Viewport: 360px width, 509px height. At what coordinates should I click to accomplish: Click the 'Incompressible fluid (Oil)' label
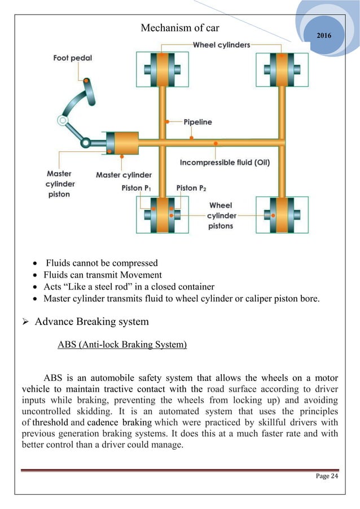pyautogui.click(x=225, y=163)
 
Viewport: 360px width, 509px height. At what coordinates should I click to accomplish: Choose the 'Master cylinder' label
pyautogui.click(x=123, y=174)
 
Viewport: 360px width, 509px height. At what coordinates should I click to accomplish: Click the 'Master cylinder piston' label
pyautogui.click(x=59, y=184)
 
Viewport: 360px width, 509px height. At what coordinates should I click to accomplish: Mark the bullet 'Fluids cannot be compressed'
pyautogui.click(x=102, y=262)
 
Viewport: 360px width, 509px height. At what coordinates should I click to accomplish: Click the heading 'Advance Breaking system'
pyautogui.click(x=91, y=322)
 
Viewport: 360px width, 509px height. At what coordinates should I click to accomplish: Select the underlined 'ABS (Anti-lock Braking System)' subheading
pyautogui.click(x=122, y=344)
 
